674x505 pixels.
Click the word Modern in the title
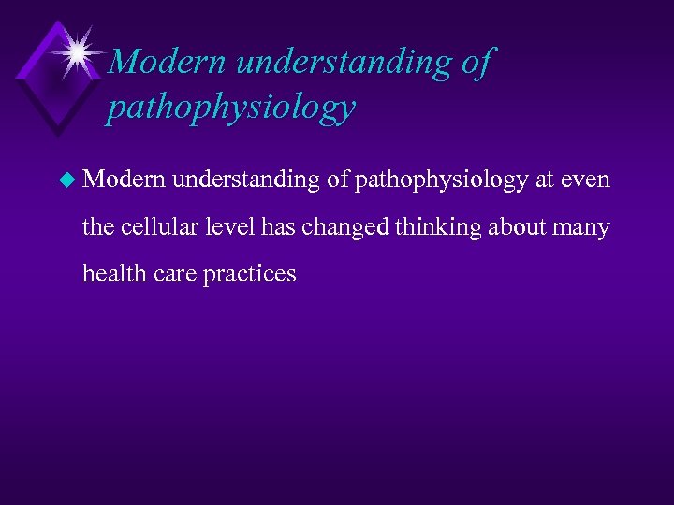tap(168, 63)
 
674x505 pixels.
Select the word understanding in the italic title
tap(345, 63)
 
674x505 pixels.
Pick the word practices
tap(248, 273)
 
